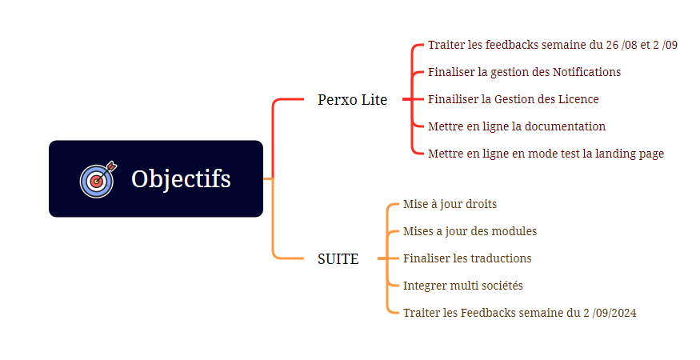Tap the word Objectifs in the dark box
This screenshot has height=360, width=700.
click(x=181, y=179)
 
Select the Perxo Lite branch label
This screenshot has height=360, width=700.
click(x=352, y=100)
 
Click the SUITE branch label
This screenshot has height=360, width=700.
click(x=338, y=259)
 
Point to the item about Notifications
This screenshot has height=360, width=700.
click(x=524, y=72)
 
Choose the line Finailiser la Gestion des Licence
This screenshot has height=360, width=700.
click(x=514, y=99)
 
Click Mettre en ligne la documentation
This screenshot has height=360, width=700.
click(x=517, y=126)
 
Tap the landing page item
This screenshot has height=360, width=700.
click(x=546, y=154)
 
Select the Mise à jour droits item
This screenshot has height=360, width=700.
click(x=450, y=204)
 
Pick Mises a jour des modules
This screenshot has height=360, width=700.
click(x=470, y=231)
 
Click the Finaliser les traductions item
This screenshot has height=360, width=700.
click(x=467, y=258)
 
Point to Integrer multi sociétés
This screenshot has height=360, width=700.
click(x=462, y=286)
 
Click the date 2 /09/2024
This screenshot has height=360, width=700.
click(x=610, y=313)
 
